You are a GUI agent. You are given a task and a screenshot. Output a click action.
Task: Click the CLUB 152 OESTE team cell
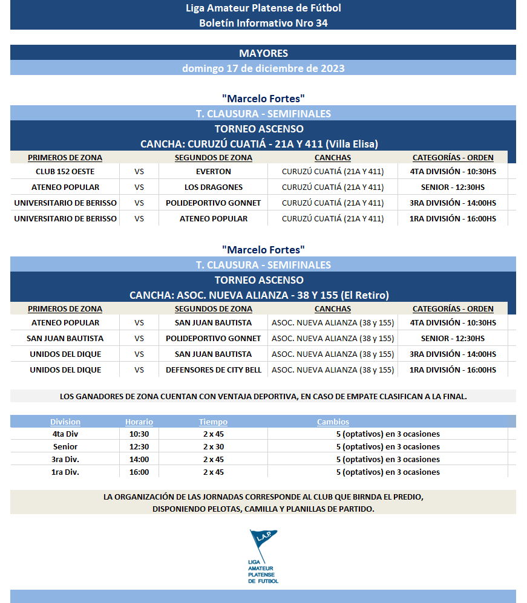coord(65,171)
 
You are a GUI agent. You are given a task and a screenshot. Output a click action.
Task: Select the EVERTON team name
coord(213,171)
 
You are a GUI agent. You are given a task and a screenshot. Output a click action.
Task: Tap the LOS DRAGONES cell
coord(213,187)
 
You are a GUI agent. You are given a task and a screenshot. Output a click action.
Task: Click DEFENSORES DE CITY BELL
coord(213,370)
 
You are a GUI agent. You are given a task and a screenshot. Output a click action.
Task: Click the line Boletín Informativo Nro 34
coord(263,23)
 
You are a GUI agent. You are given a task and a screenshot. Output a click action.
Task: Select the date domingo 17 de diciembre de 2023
coord(263,68)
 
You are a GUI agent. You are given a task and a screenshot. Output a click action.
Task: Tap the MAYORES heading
coord(263,53)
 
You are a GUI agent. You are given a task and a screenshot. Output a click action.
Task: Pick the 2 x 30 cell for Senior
coord(213,447)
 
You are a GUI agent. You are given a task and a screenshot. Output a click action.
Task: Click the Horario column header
coord(139,422)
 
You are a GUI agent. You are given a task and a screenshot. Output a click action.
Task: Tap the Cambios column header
coord(333,422)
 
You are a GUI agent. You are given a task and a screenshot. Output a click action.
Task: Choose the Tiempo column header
coord(213,422)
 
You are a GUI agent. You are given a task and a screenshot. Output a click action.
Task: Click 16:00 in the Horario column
coord(139,472)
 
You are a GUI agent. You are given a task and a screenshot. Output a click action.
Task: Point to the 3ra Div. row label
coord(65,460)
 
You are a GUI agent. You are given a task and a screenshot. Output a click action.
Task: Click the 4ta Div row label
coord(65,434)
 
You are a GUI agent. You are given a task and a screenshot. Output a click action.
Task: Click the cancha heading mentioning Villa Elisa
coord(259,144)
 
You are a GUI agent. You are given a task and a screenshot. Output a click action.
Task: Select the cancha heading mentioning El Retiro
coord(259,295)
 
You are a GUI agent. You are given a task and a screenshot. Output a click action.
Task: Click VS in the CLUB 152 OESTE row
coord(139,171)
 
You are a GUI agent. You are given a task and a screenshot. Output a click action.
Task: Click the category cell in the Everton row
coord(453,171)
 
